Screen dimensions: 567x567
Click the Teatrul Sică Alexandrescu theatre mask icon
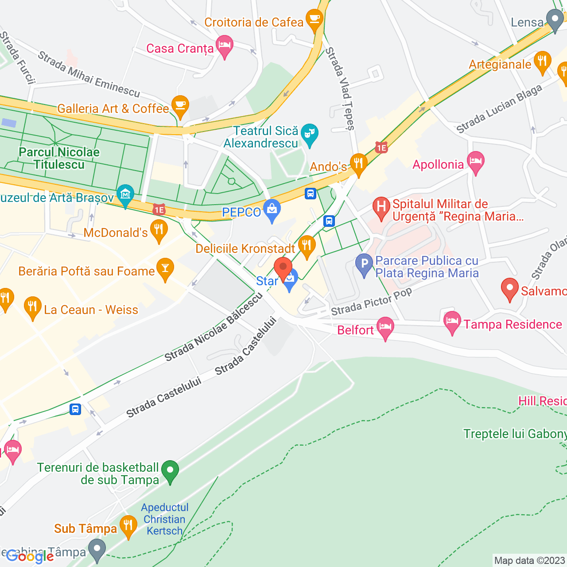(x=309, y=133)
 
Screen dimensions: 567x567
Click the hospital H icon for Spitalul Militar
(x=381, y=207)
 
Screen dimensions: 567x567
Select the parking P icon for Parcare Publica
(x=364, y=264)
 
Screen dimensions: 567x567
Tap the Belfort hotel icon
(x=385, y=327)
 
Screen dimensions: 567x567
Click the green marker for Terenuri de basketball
(x=170, y=471)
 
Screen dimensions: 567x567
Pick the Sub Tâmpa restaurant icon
(x=128, y=526)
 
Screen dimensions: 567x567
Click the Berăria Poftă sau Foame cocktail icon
(x=165, y=268)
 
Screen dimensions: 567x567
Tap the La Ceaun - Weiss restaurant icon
(x=32, y=307)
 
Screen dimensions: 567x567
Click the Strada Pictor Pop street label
(x=371, y=301)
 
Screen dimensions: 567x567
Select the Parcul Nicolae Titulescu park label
(x=59, y=158)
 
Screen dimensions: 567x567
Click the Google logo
(x=30, y=556)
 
